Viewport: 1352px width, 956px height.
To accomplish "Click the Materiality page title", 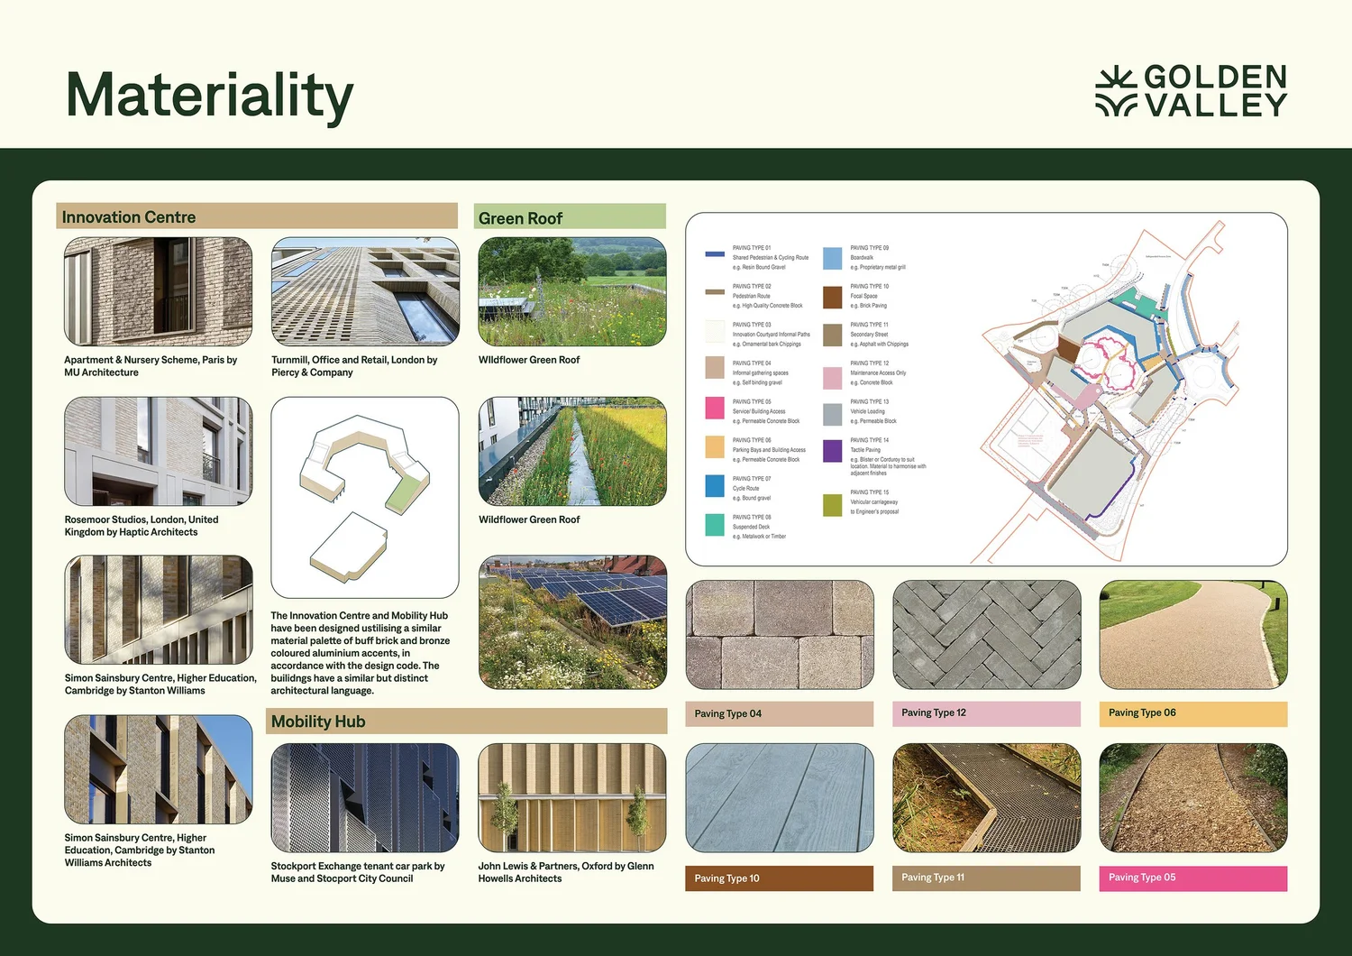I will [209, 96].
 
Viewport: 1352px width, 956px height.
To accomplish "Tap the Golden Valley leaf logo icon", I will [1116, 91].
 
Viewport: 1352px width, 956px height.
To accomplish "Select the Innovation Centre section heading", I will [129, 217].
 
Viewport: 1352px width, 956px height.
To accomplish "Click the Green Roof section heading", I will [520, 218].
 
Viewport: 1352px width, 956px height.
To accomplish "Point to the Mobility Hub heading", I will [318, 722].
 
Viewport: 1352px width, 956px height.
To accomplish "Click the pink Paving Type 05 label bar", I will [1192, 878].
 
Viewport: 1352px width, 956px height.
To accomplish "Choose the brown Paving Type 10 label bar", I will [779, 878].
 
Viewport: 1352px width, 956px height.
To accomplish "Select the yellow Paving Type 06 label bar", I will [1192, 713].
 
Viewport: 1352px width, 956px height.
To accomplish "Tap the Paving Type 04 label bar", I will [779, 713].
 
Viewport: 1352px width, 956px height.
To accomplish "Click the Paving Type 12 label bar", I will [986, 713].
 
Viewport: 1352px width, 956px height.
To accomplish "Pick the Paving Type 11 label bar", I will [986, 878].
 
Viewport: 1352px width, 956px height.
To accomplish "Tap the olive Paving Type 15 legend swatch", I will [832, 505].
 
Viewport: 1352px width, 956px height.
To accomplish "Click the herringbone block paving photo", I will [986, 635].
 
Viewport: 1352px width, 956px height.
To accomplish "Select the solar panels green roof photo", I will [572, 622].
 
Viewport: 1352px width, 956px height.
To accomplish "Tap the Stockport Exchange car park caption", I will [358, 872].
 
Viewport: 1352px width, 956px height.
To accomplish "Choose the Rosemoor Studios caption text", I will [142, 526].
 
